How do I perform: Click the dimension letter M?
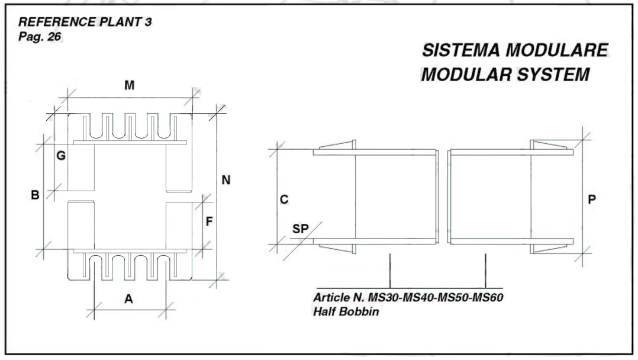[129, 86]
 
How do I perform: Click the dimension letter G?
[61, 156]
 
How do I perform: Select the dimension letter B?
[35, 195]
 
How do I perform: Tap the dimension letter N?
[225, 180]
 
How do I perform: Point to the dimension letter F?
[208, 222]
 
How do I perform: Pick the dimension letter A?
[128, 300]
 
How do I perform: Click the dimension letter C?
[284, 200]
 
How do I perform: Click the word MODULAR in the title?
[467, 76]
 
